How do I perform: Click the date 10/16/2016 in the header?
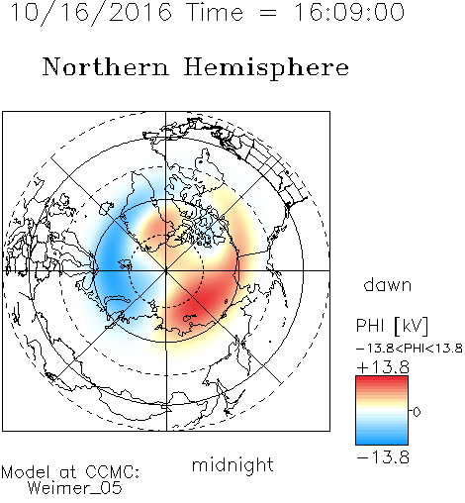click(x=91, y=13)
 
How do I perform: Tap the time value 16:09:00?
click(x=348, y=12)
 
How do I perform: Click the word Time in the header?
click(x=215, y=12)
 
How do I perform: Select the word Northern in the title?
click(x=106, y=66)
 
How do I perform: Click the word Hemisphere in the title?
click(x=266, y=68)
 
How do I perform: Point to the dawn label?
click(x=388, y=284)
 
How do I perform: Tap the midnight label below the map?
click(x=232, y=465)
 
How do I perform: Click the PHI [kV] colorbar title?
click(x=392, y=326)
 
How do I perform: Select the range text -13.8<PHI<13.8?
click(x=410, y=349)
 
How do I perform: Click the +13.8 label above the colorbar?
click(x=383, y=367)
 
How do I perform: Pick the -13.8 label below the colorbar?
click(x=383, y=457)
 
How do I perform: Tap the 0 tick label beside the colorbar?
click(x=417, y=412)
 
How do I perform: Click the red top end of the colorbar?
click(x=382, y=379)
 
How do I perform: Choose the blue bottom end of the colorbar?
click(x=382, y=442)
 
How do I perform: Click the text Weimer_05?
click(x=75, y=488)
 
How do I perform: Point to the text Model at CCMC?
click(x=70, y=472)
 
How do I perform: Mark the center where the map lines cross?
click(x=166, y=270)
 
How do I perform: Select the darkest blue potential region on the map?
click(x=111, y=260)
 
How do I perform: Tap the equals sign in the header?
click(x=268, y=14)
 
